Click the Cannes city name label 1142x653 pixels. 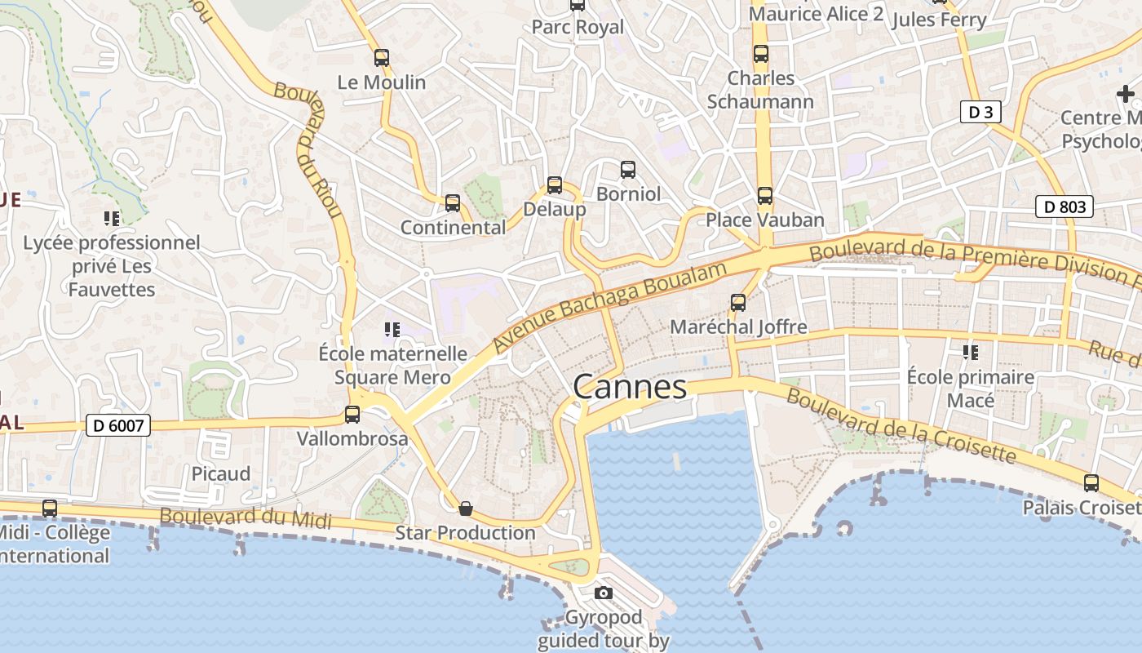coord(630,386)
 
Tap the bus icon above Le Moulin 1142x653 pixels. coord(381,58)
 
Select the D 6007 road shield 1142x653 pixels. coord(118,425)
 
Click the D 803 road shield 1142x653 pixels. coord(1065,207)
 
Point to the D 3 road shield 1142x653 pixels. coord(980,112)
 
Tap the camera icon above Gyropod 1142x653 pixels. coord(603,593)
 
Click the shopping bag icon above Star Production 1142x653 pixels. coord(465,509)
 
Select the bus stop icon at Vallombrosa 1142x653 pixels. coord(352,415)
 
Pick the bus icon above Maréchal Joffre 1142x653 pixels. coord(737,303)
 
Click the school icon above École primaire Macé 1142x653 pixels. coord(970,353)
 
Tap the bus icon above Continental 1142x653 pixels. coord(452,203)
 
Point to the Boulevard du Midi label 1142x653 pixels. coord(246,518)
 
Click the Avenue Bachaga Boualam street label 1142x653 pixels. coord(609,308)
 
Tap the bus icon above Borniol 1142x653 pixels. coord(627,170)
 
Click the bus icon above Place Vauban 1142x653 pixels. coord(764,196)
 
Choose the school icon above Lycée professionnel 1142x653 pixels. coord(111,218)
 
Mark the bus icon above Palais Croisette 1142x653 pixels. coord(1091,483)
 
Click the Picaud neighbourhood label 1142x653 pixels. coord(221,473)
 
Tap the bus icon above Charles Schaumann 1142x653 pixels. coord(760,54)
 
